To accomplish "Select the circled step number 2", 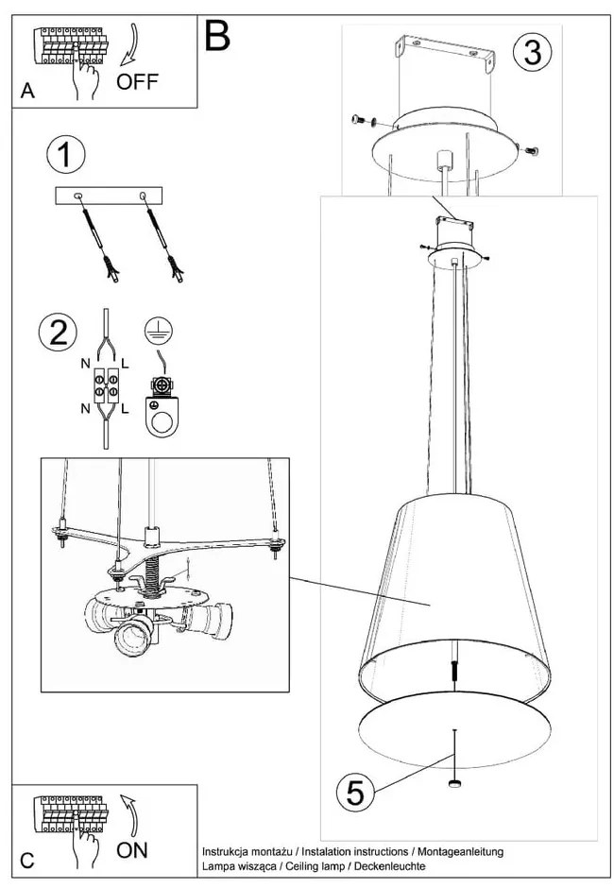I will pos(59,332).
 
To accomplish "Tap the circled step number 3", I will pos(532,52).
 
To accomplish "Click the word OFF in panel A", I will pos(138,82).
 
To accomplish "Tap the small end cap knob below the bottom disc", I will pos(455,783).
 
